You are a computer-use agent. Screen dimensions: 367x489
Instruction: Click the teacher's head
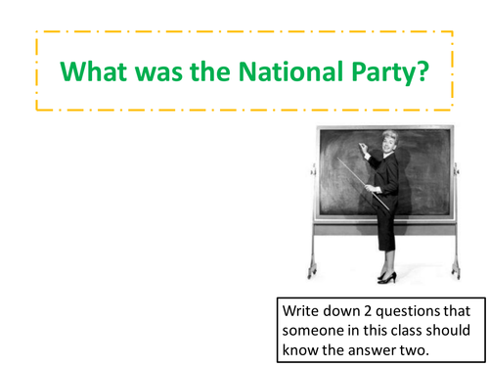pyautogui.click(x=374, y=140)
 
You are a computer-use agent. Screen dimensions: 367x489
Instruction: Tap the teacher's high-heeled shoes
pyautogui.click(x=388, y=277)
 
